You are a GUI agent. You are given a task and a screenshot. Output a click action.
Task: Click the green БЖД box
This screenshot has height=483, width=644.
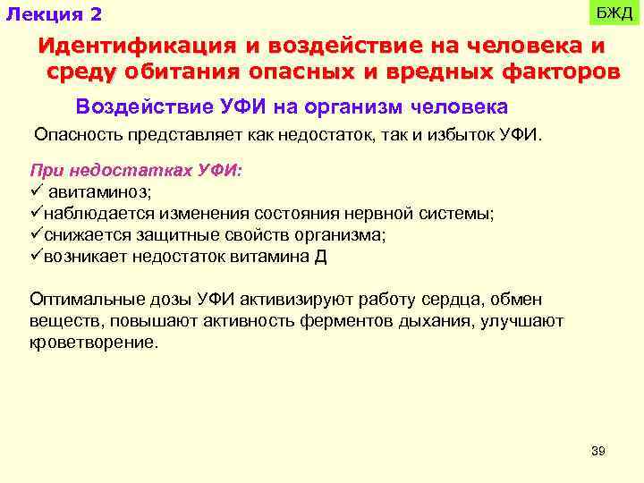pos(614,14)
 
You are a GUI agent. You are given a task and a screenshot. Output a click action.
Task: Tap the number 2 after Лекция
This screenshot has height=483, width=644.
pos(95,15)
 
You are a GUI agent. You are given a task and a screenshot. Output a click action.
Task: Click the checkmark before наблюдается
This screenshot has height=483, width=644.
pos(36,213)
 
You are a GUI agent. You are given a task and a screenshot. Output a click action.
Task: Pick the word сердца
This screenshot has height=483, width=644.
pos(460,300)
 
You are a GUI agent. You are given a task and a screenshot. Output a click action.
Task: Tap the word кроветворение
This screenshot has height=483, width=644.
pos(93,343)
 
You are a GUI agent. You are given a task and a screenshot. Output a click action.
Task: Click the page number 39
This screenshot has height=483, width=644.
pos(598,451)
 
